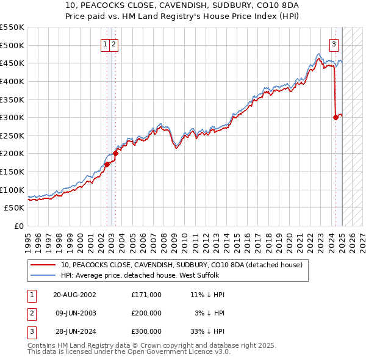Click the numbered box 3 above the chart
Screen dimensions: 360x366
coord(334,43)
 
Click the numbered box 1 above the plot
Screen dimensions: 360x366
coord(106,43)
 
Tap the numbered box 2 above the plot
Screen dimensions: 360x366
coord(114,43)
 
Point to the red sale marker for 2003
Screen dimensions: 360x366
coord(115,154)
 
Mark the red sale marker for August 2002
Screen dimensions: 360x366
coord(107,164)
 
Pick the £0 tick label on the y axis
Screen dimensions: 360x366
coord(19,226)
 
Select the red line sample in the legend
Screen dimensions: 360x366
coord(43,265)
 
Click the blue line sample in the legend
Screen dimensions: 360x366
coord(43,276)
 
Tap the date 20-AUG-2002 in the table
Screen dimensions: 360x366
coord(75,295)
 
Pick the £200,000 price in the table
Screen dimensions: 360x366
coord(146,313)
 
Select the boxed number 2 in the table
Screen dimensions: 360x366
coord(31,313)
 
